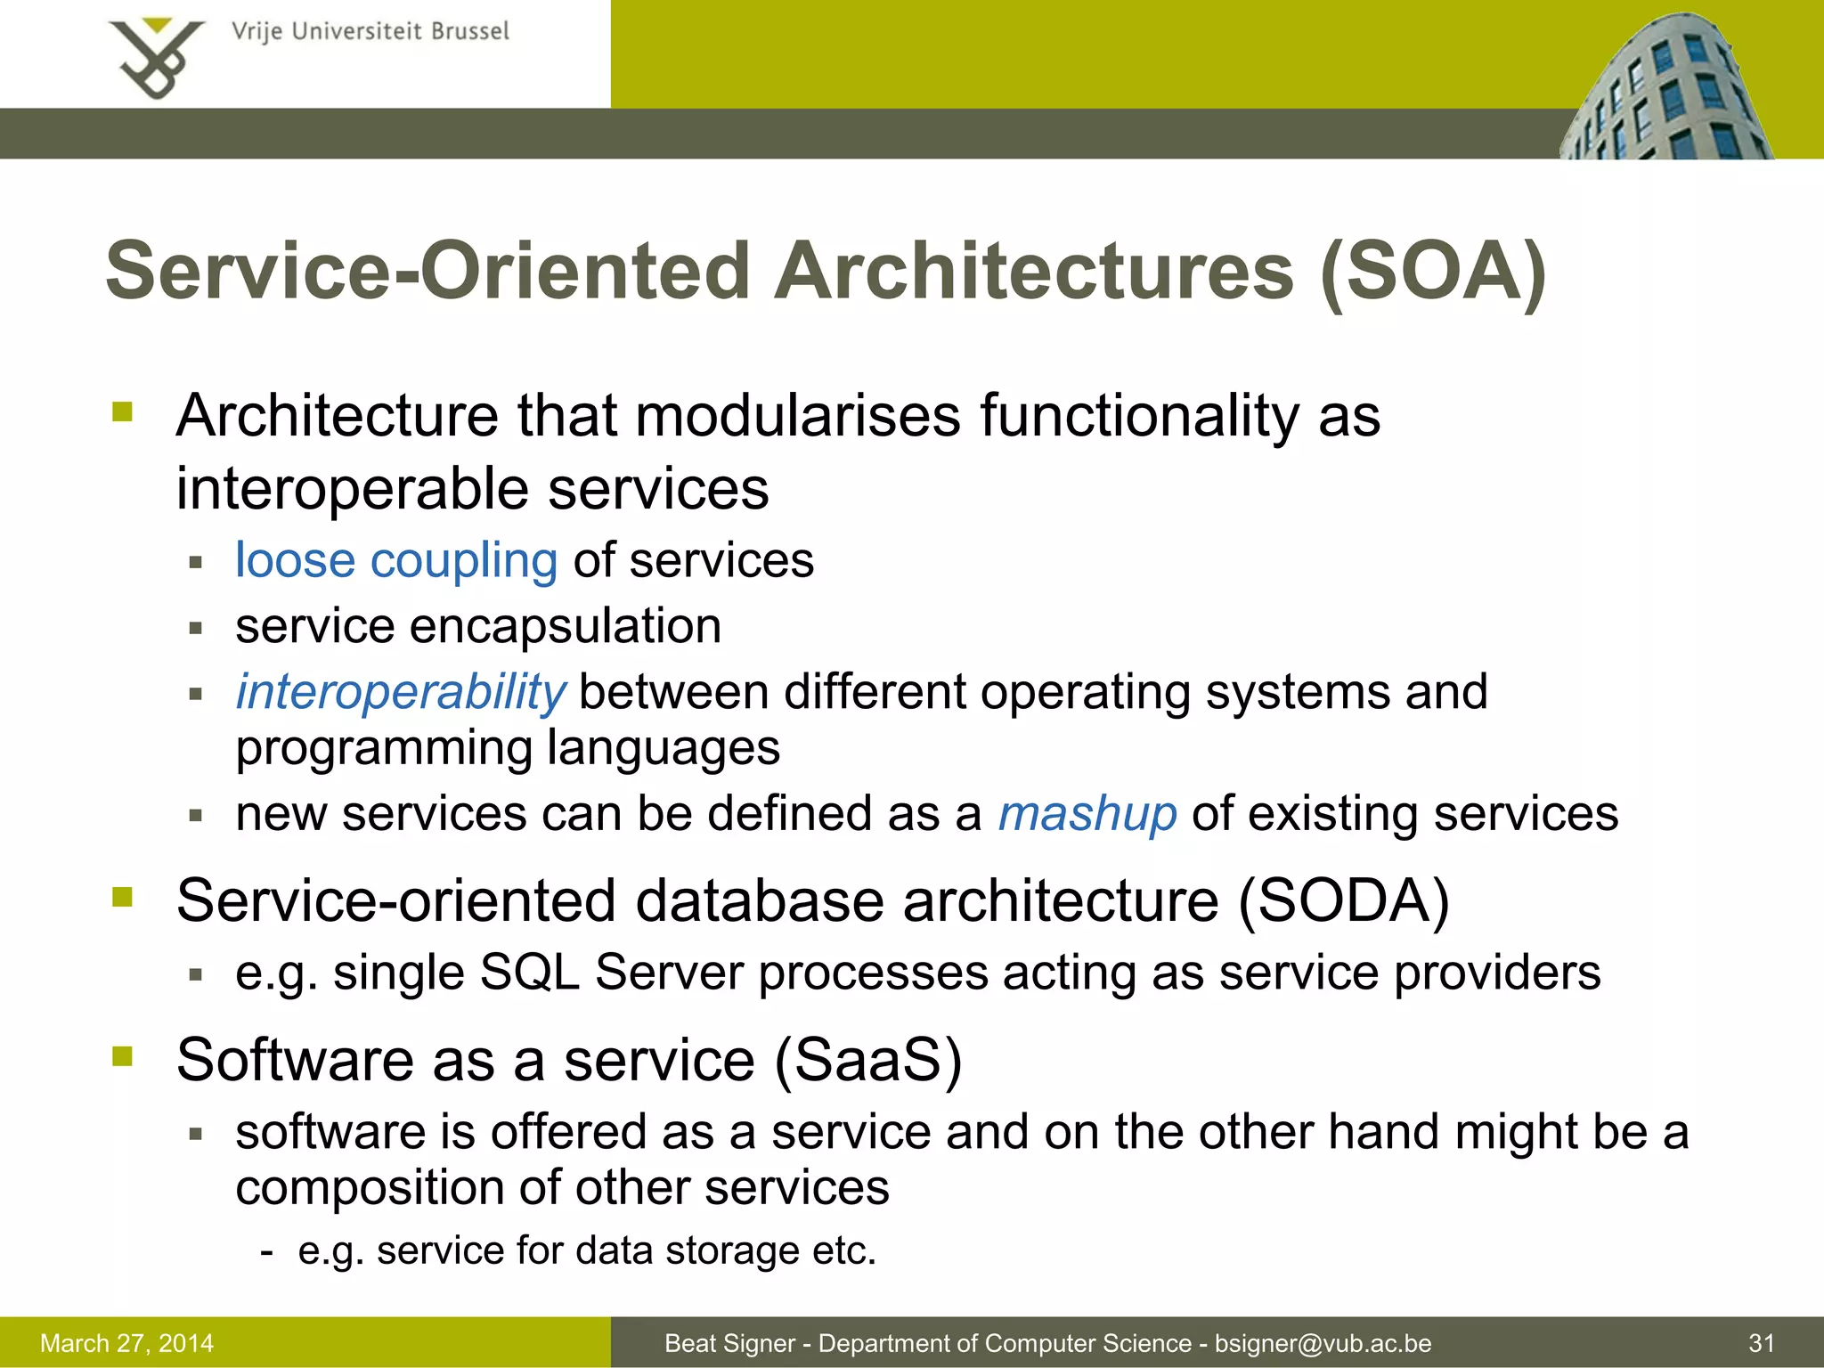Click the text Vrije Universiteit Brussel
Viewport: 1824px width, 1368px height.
coord(370,31)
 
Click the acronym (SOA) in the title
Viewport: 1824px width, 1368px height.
coord(1433,271)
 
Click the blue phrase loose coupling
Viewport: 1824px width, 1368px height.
coord(396,560)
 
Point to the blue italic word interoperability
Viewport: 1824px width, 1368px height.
coord(400,692)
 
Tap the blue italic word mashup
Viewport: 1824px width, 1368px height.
coord(1087,813)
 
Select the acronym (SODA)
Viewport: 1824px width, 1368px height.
coord(1344,900)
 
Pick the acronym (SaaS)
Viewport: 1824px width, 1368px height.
coord(868,1059)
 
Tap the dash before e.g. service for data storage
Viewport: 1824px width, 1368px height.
coord(266,1251)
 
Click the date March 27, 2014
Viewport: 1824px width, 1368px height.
coord(127,1343)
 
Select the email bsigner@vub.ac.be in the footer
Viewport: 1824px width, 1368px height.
coord(1323,1343)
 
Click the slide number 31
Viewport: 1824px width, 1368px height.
coord(1762,1343)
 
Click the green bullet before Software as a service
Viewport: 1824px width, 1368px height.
coord(122,1056)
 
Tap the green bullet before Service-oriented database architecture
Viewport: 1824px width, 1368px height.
coord(122,897)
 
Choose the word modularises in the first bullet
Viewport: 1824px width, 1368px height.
coord(798,416)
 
